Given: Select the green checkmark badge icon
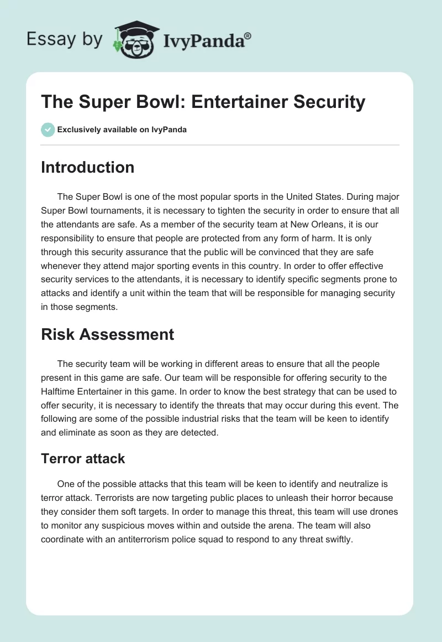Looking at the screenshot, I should [48, 130].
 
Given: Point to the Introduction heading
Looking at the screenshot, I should [87, 167].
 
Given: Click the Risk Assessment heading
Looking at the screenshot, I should [107, 334].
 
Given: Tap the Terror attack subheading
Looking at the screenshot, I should [83, 458].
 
